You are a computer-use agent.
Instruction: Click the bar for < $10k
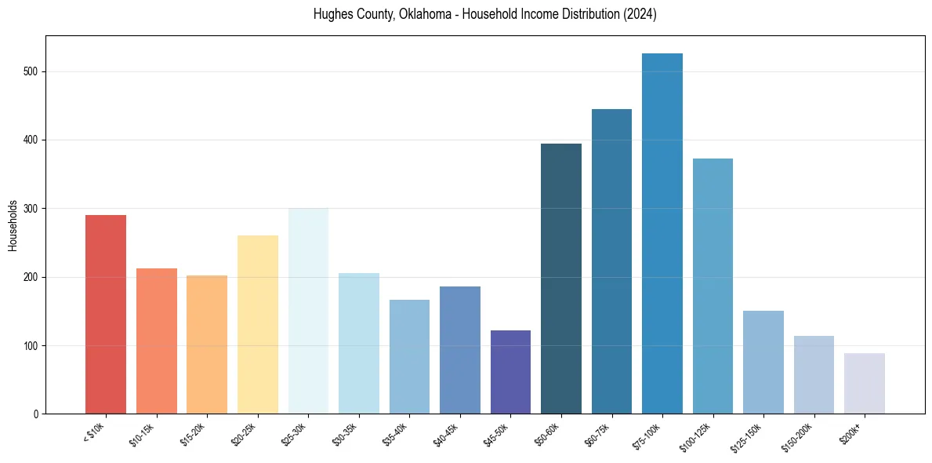106,314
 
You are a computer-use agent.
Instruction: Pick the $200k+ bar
865,384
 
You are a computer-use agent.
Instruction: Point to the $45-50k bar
510,372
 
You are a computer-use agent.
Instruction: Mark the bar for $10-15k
157,341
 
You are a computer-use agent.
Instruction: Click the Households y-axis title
13,224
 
